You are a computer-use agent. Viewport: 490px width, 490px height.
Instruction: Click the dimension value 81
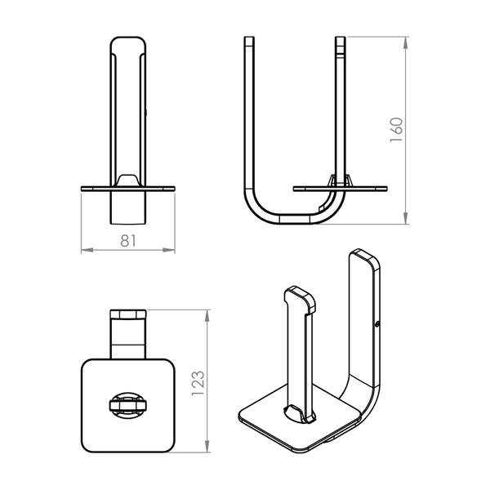128,240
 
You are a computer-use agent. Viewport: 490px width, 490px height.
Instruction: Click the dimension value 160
397,130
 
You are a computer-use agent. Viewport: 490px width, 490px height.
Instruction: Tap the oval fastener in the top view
127,404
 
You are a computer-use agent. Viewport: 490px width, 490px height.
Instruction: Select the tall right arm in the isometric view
364,327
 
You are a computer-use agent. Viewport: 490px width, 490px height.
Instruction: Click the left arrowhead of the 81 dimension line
83,249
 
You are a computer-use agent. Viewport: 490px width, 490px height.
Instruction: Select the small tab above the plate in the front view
127,180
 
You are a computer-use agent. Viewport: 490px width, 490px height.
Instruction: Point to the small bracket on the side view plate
339,180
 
